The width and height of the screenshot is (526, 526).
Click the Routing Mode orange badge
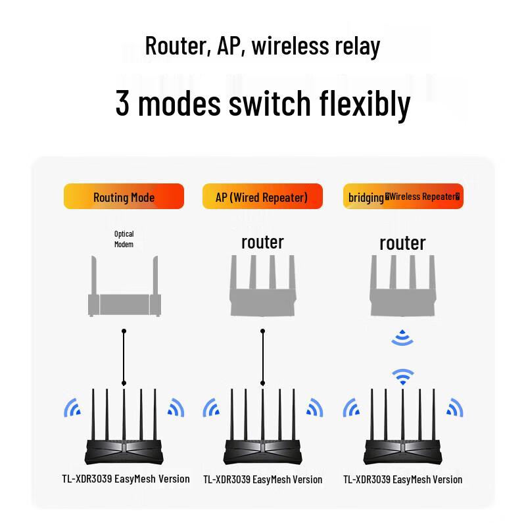click(x=124, y=197)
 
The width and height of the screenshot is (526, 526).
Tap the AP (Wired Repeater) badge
click(x=262, y=197)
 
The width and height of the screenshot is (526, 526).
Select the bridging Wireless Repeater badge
click(x=403, y=197)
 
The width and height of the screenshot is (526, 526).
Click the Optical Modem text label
click(x=124, y=239)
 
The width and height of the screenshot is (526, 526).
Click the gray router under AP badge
click(x=262, y=289)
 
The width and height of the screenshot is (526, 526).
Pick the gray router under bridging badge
click(x=402, y=289)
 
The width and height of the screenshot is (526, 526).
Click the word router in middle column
click(x=262, y=242)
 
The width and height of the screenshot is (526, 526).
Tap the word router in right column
click(x=402, y=243)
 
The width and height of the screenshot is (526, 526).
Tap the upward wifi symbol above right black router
click(x=402, y=376)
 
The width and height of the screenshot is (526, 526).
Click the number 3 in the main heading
click(x=122, y=103)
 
